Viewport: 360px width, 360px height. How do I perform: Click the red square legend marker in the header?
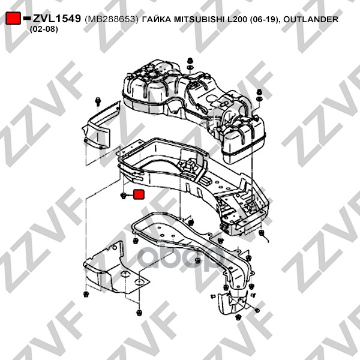click(13, 18)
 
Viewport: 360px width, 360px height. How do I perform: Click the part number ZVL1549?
click(57, 19)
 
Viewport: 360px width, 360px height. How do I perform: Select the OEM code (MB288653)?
click(112, 20)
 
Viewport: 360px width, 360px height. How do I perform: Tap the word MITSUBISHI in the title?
click(199, 20)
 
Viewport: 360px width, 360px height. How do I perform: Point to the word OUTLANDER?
click(311, 20)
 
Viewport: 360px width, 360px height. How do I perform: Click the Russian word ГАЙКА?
click(157, 19)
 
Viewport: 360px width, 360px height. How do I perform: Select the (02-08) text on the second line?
click(44, 29)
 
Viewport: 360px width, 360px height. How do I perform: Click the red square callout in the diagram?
click(139, 194)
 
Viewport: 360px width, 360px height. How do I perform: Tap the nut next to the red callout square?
click(123, 196)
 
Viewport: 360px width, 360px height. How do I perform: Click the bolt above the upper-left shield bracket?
click(98, 101)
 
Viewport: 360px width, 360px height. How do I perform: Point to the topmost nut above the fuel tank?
click(190, 61)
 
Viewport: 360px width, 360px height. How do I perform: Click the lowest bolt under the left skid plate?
click(139, 313)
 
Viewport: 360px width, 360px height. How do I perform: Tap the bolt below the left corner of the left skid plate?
click(86, 294)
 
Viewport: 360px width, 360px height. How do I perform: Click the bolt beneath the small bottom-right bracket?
click(238, 317)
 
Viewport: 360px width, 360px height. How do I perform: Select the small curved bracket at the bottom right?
click(232, 302)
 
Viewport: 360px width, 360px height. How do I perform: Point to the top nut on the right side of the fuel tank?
click(259, 92)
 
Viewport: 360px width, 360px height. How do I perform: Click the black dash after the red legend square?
click(26, 17)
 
